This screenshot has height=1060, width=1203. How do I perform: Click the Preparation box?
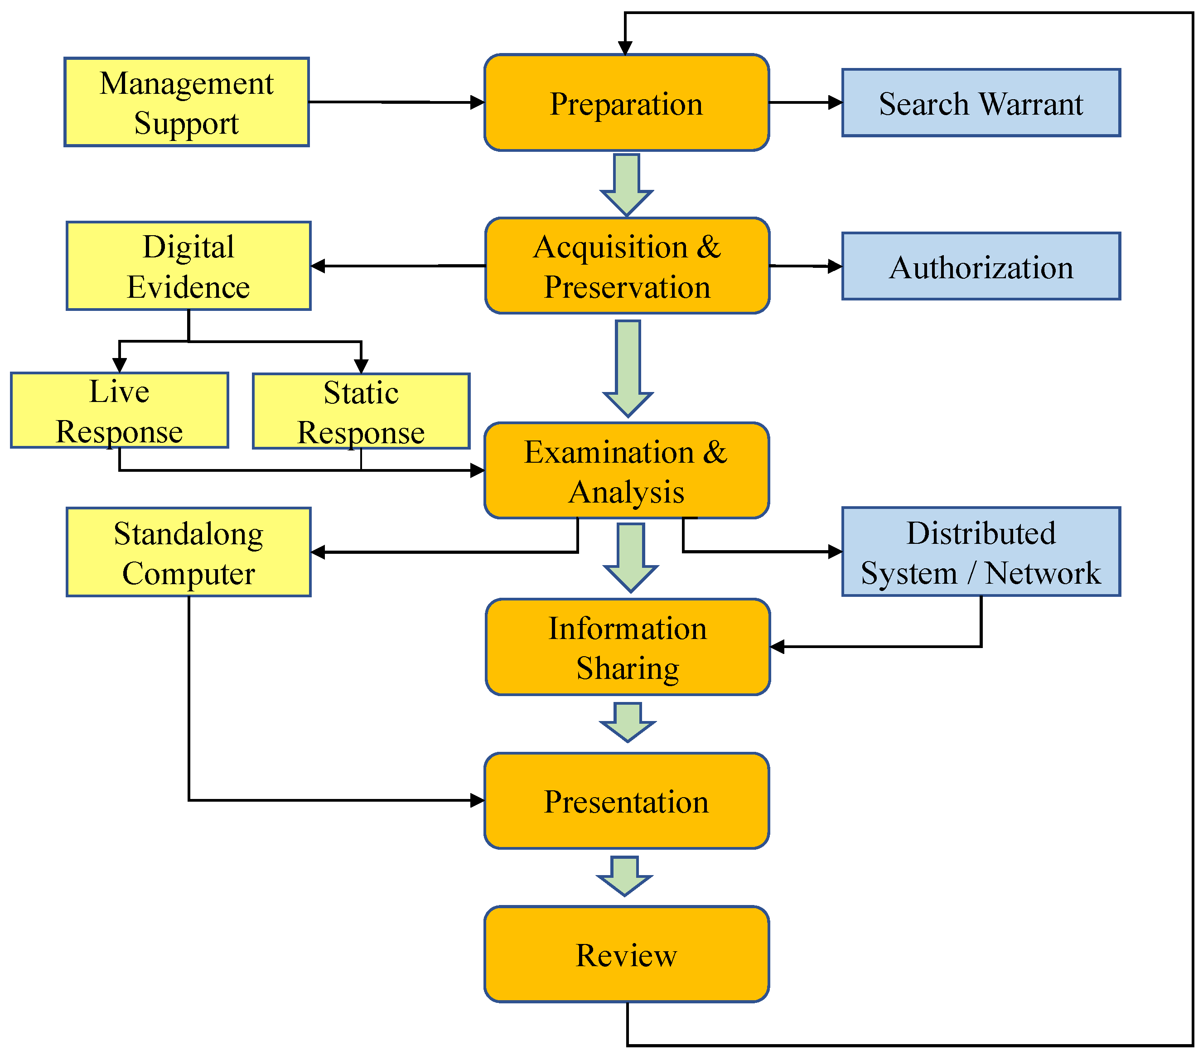click(626, 103)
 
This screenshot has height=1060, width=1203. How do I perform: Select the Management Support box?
click(187, 102)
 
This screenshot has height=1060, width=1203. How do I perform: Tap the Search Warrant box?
click(981, 103)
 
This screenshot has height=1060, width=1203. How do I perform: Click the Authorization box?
click(981, 266)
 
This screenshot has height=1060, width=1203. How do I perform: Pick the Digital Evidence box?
click(188, 266)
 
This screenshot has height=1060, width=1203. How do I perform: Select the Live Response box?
click(120, 410)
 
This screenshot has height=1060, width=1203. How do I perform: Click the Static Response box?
click(361, 411)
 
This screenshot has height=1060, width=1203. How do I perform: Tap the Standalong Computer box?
click(188, 552)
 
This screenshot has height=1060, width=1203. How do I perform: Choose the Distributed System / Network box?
click(981, 552)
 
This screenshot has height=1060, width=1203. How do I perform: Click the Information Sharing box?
click(628, 648)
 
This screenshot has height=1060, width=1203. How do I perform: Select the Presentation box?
click(626, 801)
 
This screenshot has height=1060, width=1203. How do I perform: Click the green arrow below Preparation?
click(626, 185)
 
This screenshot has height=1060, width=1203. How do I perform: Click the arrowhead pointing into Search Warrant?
click(835, 102)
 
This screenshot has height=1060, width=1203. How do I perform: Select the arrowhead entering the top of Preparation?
click(625, 48)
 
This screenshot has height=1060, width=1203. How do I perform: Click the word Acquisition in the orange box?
click(611, 247)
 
